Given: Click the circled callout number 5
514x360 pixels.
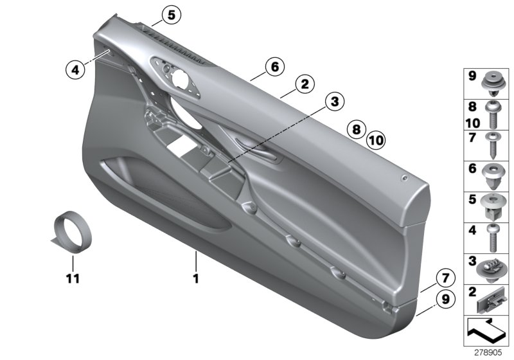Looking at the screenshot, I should tap(171, 14).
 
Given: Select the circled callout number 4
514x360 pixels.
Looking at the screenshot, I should tap(75, 69).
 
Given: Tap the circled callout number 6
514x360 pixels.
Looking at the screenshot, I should tap(274, 66).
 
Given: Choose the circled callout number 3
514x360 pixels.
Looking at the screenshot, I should tap(334, 100).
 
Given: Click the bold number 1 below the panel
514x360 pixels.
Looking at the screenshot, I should tap(197, 279).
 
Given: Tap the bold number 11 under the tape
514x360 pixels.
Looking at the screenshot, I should tap(73, 279).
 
